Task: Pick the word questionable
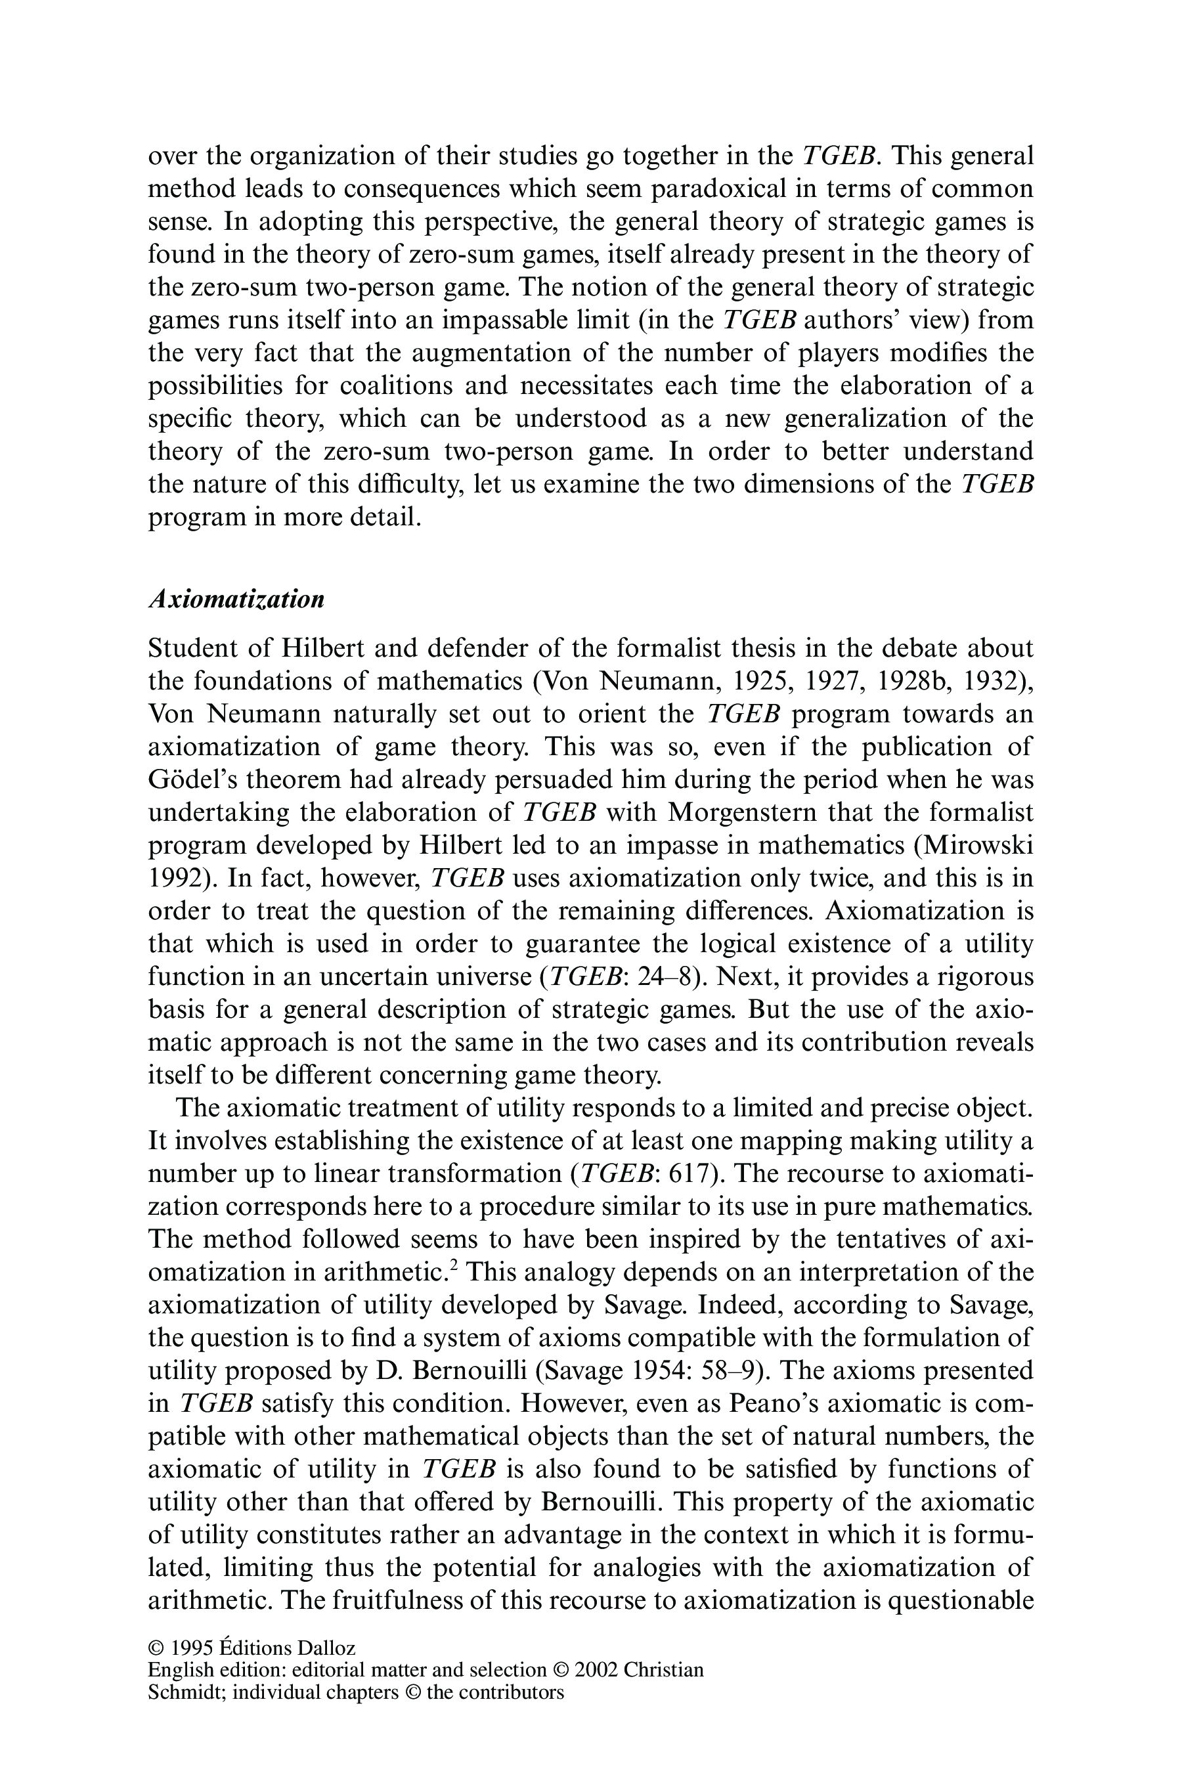(959, 1600)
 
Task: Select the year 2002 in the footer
(596, 1670)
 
